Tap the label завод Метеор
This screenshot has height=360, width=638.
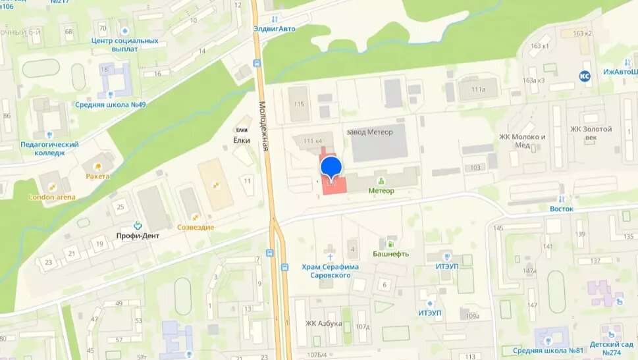pos(369,132)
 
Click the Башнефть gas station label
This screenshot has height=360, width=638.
pos(390,253)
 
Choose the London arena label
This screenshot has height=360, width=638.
pos(52,197)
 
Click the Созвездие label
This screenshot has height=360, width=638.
pos(196,227)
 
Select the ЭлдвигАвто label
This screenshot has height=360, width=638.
pos(275,28)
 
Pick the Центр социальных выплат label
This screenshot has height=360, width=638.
pos(125,44)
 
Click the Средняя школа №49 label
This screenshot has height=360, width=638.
pos(111,104)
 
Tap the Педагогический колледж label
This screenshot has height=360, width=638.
pos(49,148)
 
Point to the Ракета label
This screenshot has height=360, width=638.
pos(97,176)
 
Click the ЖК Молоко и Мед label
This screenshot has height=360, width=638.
pos(523,141)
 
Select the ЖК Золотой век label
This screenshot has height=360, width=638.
pos(591,133)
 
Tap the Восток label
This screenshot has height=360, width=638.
pos(562,209)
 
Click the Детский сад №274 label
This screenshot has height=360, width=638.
pos(612,347)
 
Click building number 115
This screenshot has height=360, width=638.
pos(300,104)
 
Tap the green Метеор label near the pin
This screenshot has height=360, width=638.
pos(381,191)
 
